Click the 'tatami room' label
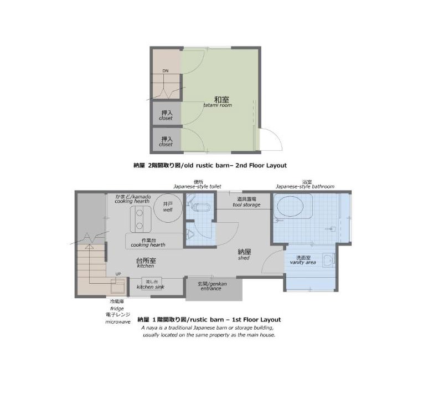click(x=218, y=105)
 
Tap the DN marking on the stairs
click(x=166, y=71)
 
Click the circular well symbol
click(x=168, y=208)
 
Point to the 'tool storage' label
click(x=246, y=205)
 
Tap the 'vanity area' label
click(x=303, y=262)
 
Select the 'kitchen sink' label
click(x=151, y=287)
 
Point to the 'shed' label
click(x=244, y=258)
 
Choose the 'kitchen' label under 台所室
click(x=146, y=266)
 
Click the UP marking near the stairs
click(x=118, y=274)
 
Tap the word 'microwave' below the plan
click(x=118, y=322)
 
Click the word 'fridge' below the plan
click(x=117, y=309)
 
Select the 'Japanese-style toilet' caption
click(x=197, y=187)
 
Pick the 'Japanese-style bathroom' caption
click(x=305, y=187)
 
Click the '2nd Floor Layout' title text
click(x=261, y=165)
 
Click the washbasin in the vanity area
click(x=328, y=260)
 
